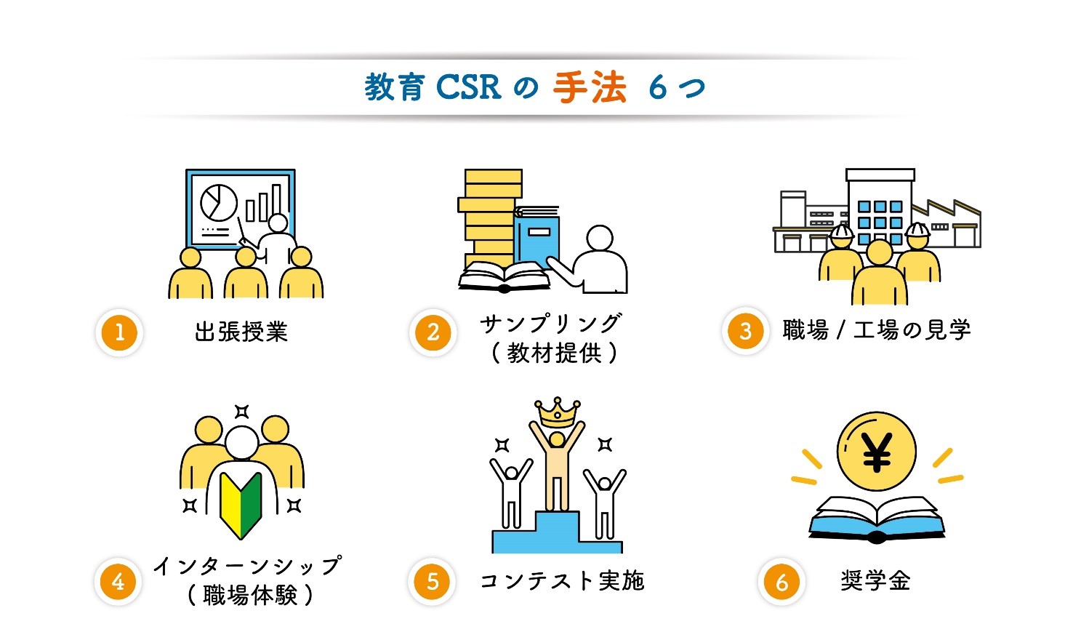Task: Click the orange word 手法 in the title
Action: coord(590,88)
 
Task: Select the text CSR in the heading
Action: coord(469,88)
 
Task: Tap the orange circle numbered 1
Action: coord(119,332)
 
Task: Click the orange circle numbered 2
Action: coord(433,332)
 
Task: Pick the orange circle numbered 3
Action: coord(745,331)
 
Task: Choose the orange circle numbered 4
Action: coord(118,582)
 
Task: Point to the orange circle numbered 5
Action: coord(433,582)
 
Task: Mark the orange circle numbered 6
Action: coord(781,582)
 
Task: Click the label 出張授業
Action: coord(241,332)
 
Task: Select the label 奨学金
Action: coord(875,581)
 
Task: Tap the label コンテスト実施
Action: coord(562,581)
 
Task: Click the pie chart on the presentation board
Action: coord(218,202)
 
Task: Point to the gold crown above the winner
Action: coord(557,412)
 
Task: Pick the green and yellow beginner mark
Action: coord(241,505)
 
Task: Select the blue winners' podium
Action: coord(556,535)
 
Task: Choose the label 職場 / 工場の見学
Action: coord(877,330)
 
